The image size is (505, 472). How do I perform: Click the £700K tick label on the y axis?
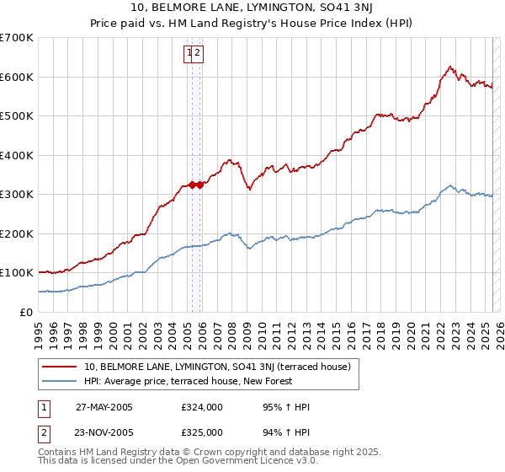pos(16,38)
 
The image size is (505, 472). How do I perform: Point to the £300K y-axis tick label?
pos(16,195)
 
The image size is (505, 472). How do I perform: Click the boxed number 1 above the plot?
pos(189,53)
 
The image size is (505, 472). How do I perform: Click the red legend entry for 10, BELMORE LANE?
pos(222,366)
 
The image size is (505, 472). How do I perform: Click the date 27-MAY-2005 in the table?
pos(104,407)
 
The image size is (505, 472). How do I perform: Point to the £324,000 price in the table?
pos(202,407)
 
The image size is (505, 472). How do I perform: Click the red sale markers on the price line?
pos(194,185)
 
